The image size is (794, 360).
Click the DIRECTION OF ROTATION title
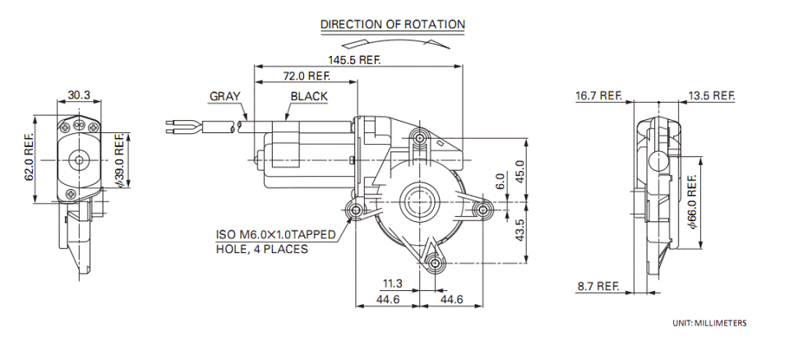(392, 25)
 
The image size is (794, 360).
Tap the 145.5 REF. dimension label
(354, 60)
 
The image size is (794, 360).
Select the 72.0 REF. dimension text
(307, 76)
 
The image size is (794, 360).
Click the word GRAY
(225, 96)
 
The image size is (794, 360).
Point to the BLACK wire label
(309, 96)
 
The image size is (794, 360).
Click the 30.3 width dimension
(79, 95)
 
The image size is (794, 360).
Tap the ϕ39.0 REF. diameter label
(120, 160)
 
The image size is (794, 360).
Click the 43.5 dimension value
(519, 230)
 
